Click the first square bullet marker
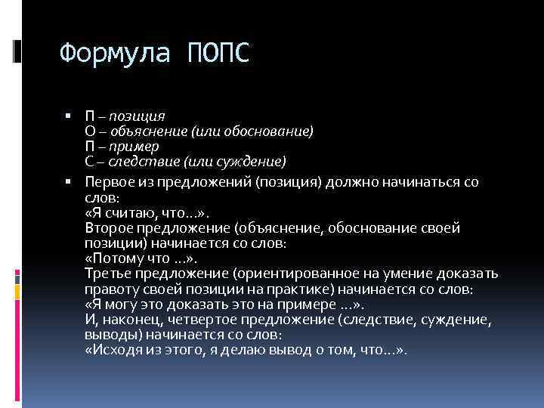pos(68,116)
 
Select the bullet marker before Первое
pos(68,182)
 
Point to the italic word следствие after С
pos(139,161)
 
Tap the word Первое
pos(110,182)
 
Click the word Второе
pos(110,228)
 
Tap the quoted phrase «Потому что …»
pos(135,258)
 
